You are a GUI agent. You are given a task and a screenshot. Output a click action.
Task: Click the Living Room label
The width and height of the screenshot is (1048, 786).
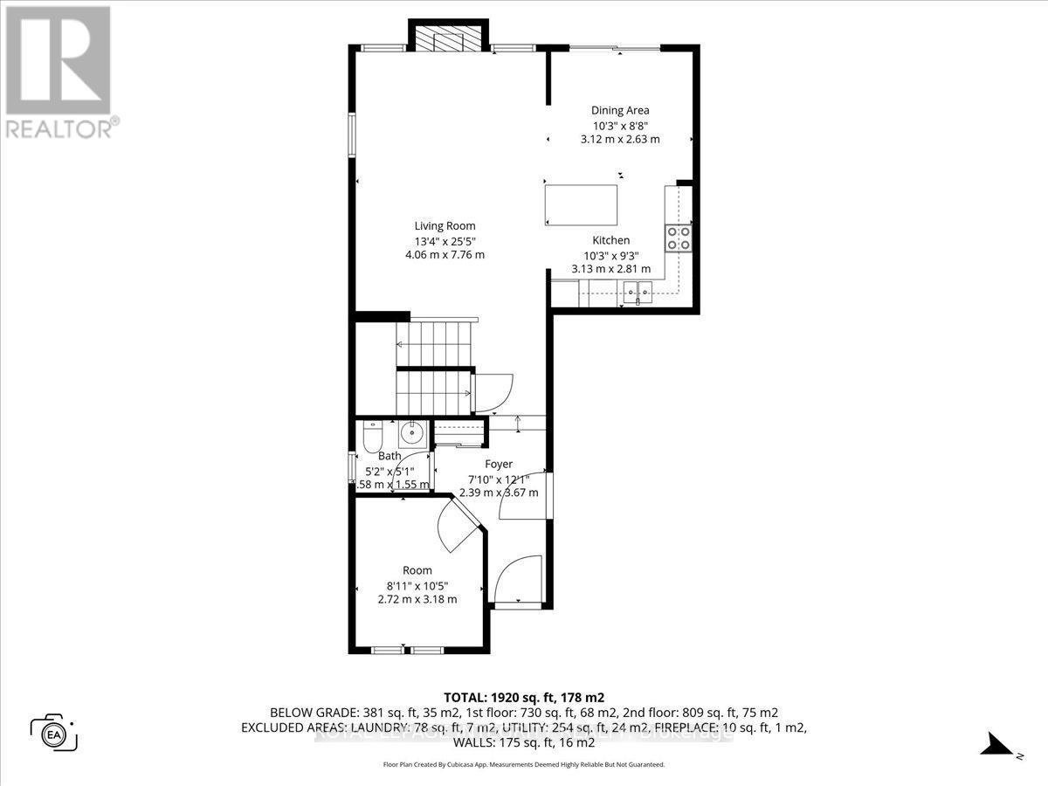445,226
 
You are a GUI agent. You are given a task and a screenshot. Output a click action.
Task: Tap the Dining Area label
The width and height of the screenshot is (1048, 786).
620,110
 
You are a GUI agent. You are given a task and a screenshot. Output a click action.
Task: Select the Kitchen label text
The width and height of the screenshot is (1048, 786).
610,240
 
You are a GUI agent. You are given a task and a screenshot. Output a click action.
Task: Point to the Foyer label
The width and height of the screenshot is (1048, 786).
499,464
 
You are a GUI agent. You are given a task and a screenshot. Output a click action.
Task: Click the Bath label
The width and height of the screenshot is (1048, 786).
390,456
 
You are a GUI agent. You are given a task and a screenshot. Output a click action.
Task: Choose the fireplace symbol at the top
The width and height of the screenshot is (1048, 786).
445,39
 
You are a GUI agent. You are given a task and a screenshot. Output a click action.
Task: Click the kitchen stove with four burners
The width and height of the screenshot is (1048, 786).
679,238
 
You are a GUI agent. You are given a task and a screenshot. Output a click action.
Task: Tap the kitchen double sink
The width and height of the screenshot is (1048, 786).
638,291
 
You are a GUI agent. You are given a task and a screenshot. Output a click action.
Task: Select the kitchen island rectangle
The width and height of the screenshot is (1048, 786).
581,203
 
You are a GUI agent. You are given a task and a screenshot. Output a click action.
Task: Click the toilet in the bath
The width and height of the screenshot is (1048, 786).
370,434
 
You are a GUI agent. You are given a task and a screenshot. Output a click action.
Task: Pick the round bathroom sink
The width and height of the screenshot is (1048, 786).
411,432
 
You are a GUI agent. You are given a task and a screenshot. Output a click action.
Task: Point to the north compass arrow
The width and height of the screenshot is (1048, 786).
996,744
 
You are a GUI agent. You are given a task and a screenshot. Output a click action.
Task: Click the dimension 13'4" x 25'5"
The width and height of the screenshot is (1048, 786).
445,241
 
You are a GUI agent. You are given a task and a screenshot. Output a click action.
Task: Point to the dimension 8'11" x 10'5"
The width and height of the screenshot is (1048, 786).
417,585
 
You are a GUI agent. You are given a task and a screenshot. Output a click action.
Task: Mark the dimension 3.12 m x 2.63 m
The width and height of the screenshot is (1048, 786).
620,139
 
